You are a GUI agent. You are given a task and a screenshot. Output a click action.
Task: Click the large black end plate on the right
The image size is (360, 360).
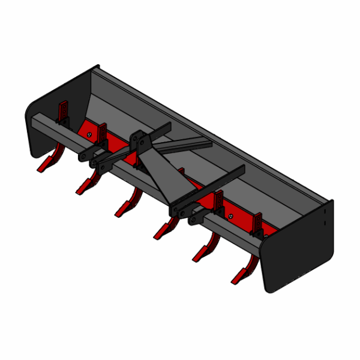tap(300, 252)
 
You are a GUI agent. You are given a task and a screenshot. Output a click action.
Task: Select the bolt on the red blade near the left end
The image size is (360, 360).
tap(89, 135)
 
